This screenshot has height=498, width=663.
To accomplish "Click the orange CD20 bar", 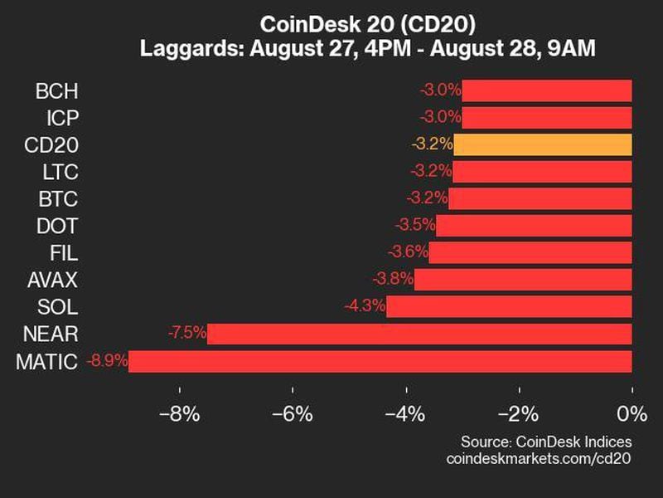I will point(543,144).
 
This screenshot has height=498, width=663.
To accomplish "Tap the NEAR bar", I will point(419,334).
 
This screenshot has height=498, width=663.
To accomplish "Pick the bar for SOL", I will point(509,306).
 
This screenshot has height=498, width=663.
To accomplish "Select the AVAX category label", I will point(51,280).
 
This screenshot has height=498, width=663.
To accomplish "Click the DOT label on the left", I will point(57,226).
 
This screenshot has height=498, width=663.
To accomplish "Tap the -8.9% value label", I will point(106,361).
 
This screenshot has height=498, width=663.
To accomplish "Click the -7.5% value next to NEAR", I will point(186,334).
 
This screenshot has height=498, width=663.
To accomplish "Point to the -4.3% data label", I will point(365,306).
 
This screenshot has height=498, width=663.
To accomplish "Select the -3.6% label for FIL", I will point(408,252).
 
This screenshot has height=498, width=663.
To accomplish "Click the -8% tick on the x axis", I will point(181,413).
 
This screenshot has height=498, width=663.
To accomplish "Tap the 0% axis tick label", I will point(632,413).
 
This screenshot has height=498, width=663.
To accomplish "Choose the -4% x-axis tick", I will point(406,413).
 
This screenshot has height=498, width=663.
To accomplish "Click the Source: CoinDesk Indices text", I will point(545,442).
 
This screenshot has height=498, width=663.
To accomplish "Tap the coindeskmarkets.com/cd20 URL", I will point(539,458).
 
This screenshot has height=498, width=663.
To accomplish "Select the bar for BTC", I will point(540,198).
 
